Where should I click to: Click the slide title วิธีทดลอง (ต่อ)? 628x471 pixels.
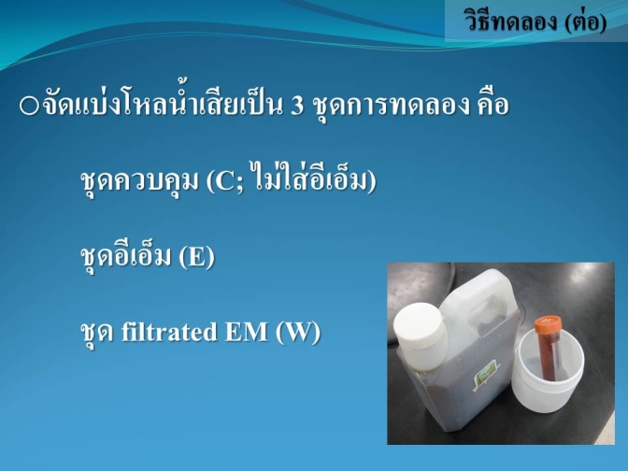pyautogui.click(x=535, y=20)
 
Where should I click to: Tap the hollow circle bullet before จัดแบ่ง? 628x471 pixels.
pyautogui.click(x=29, y=107)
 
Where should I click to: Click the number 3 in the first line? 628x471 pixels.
pyautogui.click(x=297, y=107)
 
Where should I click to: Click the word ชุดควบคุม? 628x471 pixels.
pyautogui.click(x=139, y=182)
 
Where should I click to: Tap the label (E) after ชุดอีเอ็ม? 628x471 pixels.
pyautogui.click(x=196, y=256)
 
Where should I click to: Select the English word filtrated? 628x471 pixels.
pyautogui.click(x=168, y=332)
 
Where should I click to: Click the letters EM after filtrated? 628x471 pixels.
pyautogui.click(x=246, y=332)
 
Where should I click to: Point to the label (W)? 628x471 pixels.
pyautogui.click(x=298, y=333)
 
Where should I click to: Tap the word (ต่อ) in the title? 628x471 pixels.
pyautogui.click(x=586, y=21)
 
